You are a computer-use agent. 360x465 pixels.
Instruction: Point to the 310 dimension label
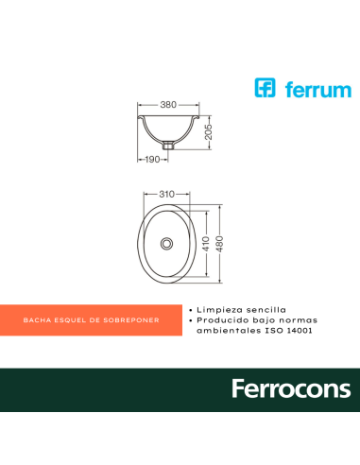click(167, 194)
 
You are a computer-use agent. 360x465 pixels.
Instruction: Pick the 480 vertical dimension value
click(224, 243)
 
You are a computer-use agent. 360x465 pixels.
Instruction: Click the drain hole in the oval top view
click(167, 244)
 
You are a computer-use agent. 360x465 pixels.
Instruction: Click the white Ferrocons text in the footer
click(290, 389)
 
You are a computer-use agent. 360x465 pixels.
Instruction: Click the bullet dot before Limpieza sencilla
click(192, 309)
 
